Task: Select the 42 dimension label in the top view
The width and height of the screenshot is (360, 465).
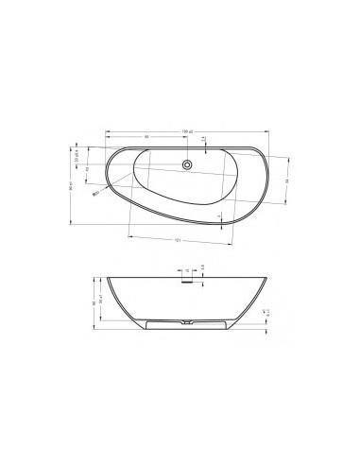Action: click(x=88, y=171)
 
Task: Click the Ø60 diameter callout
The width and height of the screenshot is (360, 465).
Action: click(x=95, y=192)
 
